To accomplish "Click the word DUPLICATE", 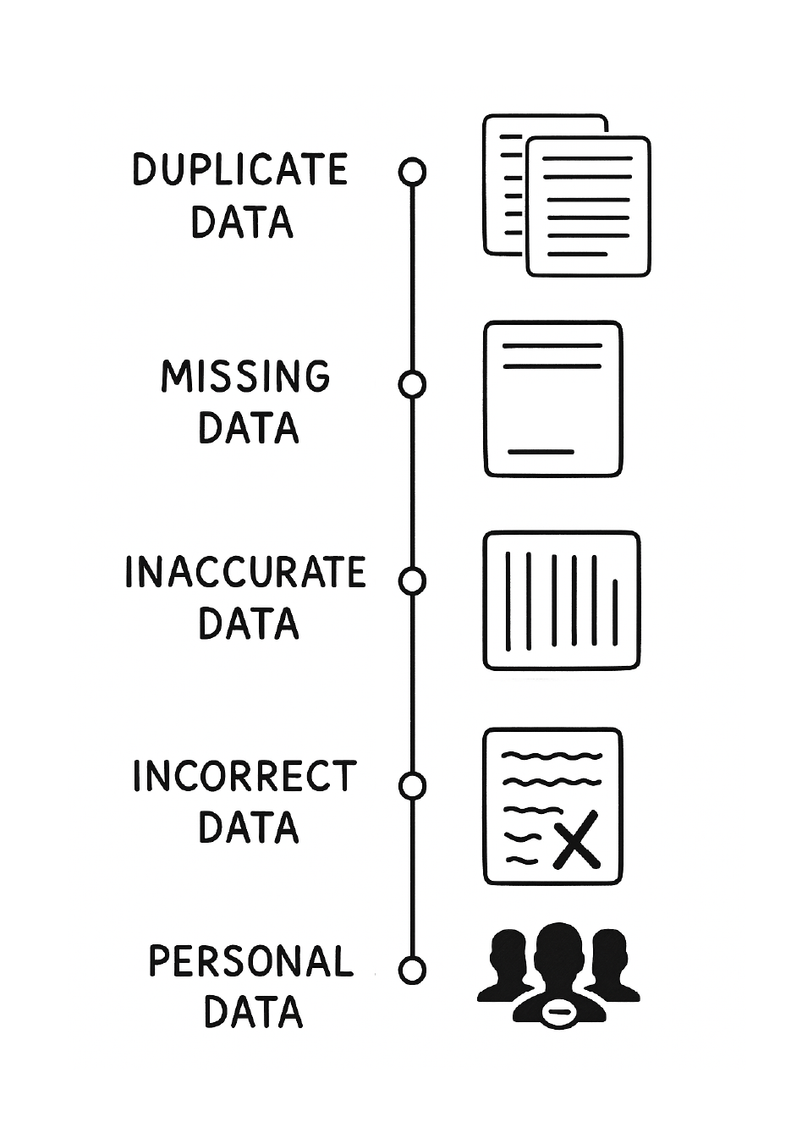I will click(x=239, y=170).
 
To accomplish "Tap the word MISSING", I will click(x=245, y=377).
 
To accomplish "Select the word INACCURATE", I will click(x=245, y=573).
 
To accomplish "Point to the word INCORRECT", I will click(x=245, y=777).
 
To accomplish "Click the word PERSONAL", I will click(x=250, y=961).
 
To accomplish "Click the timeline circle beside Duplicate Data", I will click(x=412, y=172).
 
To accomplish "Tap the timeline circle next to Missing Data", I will click(x=412, y=384).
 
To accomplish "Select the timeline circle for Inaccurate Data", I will click(x=412, y=580).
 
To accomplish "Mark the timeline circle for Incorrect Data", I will click(x=412, y=786).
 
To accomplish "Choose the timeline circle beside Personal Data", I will click(x=412, y=970).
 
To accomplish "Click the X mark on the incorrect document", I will click(x=575, y=840).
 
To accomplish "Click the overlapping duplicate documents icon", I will click(x=566, y=196).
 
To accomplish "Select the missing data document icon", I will click(x=553, y=399).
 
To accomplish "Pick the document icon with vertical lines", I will click(x=561, y=601).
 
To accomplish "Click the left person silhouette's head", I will click(x=508, y=951).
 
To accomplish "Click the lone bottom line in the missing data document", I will click(x=541, y=452).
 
